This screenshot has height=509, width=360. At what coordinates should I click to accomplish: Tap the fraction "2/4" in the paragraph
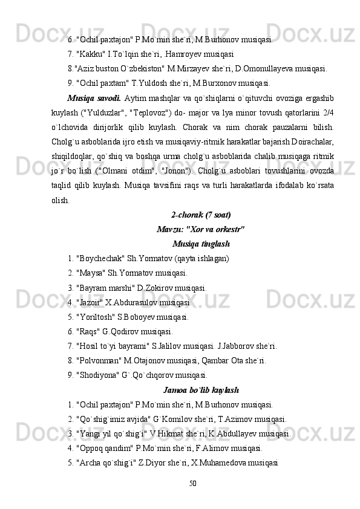click(x=327, y=112)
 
